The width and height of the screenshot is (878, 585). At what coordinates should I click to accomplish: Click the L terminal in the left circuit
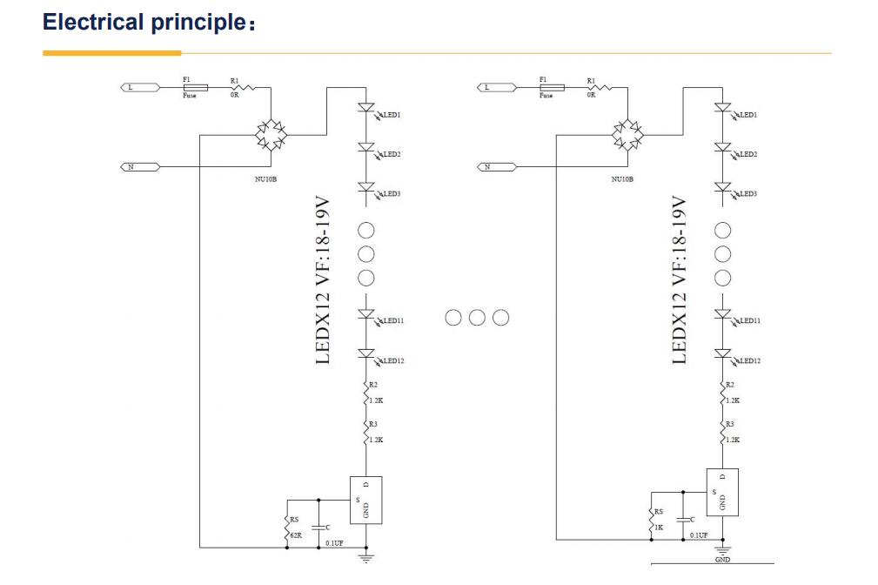pyautogui.click(x=139, y=87)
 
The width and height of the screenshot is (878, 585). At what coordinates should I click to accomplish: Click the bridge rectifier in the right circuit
pyautogui.click(x=627, y=135)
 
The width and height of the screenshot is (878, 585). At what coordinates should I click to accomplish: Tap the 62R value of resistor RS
pyautogui.click(x=296, y=535)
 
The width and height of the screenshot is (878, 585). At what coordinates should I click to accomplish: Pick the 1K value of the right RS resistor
pyautogui.click(x=659, y=528)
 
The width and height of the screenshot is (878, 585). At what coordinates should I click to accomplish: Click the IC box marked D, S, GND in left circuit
pyautogui.click(x=365, y=500)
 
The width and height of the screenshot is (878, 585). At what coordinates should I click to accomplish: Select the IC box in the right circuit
pyautogui.click(x=721, y=493)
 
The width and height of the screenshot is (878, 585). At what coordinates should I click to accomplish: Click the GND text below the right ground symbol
pyautogui.click(x=722, y=560)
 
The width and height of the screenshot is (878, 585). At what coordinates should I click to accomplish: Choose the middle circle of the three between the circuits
pyautogui.click(x=477, y=317)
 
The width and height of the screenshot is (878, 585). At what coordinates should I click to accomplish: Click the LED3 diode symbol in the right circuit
pyautogui.click(x=722, y=187)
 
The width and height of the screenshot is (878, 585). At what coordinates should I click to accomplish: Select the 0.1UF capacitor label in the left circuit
pyautogui.click(x=334, y=543)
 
